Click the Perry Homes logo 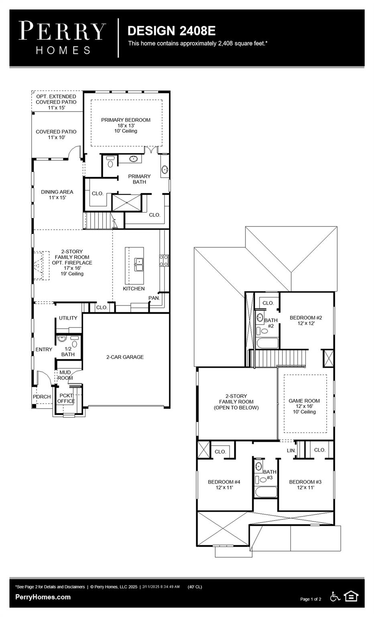pos(63,38)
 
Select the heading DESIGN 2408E pos(171,31)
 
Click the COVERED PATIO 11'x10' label pos(56,134)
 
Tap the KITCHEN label pos(134,288)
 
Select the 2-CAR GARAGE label pos(125,357)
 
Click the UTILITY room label pos(68,318)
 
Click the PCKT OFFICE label pos(66,398)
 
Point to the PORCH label pos(42,396)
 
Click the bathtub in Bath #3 pos(265,492)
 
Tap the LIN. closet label pos(291,451)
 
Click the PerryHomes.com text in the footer pos(43,597)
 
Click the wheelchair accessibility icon pos(335,597)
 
